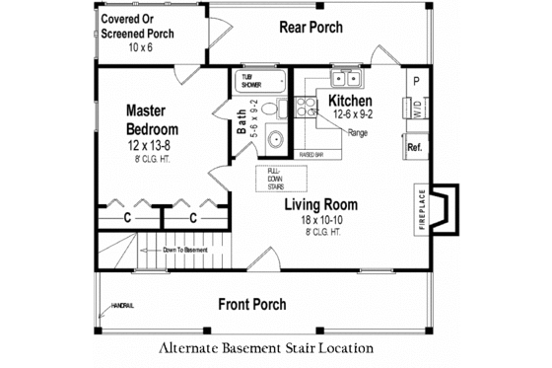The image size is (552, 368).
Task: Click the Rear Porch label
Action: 311,26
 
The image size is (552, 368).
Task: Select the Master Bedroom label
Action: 152,121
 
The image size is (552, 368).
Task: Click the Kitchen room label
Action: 350,101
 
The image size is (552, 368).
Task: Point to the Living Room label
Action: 320,205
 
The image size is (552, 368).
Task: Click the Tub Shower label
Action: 246,81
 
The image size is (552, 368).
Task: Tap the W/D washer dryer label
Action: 416,107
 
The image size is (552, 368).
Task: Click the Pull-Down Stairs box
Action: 275,178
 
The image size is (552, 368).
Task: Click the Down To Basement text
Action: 186,250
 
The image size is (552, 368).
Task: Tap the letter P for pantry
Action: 416,80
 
